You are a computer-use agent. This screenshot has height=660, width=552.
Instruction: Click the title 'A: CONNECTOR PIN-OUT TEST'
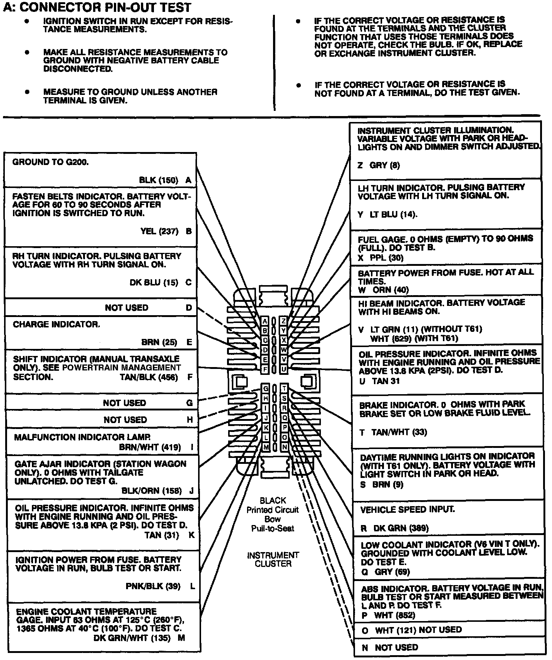(98, 7)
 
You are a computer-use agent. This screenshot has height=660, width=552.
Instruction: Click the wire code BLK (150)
(158, 180)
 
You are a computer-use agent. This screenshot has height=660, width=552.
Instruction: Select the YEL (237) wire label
(159, 231)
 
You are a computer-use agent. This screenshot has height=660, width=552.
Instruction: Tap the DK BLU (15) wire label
(154, 283)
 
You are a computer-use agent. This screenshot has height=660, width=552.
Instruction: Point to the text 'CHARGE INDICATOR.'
(56, 324)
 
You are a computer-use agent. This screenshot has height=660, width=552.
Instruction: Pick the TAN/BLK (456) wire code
(149, 377)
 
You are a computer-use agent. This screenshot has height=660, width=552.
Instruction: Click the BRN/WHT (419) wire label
(150, 447)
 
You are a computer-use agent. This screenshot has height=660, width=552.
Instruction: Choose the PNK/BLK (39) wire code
(153, 586)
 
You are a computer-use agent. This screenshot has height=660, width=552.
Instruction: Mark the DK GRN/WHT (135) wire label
(132, 638)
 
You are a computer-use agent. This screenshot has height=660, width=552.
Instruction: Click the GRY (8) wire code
(385, 165)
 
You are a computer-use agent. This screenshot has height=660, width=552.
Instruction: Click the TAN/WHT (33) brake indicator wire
(399, 432)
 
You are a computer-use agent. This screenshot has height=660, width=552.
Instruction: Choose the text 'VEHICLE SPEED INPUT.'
(407, 510)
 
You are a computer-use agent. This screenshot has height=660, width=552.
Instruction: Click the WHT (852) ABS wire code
(395, 616)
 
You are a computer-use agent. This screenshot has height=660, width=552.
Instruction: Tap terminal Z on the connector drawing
(284, 321)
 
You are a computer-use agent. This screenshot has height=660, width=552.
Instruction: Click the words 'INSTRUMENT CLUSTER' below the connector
(273, 560)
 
